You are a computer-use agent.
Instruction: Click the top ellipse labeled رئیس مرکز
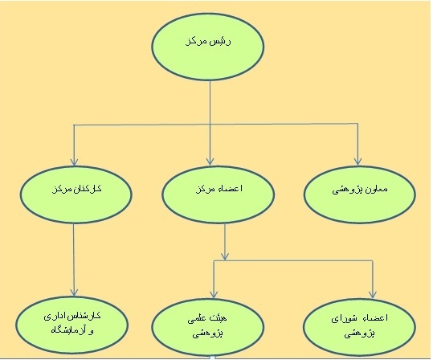pos(208,47)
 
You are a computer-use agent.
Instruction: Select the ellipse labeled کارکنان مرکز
pos(76,194)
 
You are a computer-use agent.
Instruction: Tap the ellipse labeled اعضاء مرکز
pos(218,194)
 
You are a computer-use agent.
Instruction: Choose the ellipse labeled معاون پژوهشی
pos(360,194)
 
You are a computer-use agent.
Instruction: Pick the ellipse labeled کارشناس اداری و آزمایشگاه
pos(71,325)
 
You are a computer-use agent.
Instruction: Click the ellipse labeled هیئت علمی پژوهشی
pos(208,327)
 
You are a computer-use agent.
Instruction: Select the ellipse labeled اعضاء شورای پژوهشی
pos(360,327)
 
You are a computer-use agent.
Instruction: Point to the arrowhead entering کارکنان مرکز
pos(74,162)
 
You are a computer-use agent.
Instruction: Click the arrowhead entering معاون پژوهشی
pos(358,162)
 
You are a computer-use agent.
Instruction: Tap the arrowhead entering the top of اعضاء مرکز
pos(210,162)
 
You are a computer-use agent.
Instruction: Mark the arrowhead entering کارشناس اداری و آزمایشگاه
pos(74,292)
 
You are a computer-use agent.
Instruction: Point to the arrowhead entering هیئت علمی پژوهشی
pos(214,295)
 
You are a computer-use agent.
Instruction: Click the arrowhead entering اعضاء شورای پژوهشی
pos(373,295)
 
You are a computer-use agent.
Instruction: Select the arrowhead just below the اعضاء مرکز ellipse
pos(225,256)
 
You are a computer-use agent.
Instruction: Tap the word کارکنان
pos(88,189)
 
